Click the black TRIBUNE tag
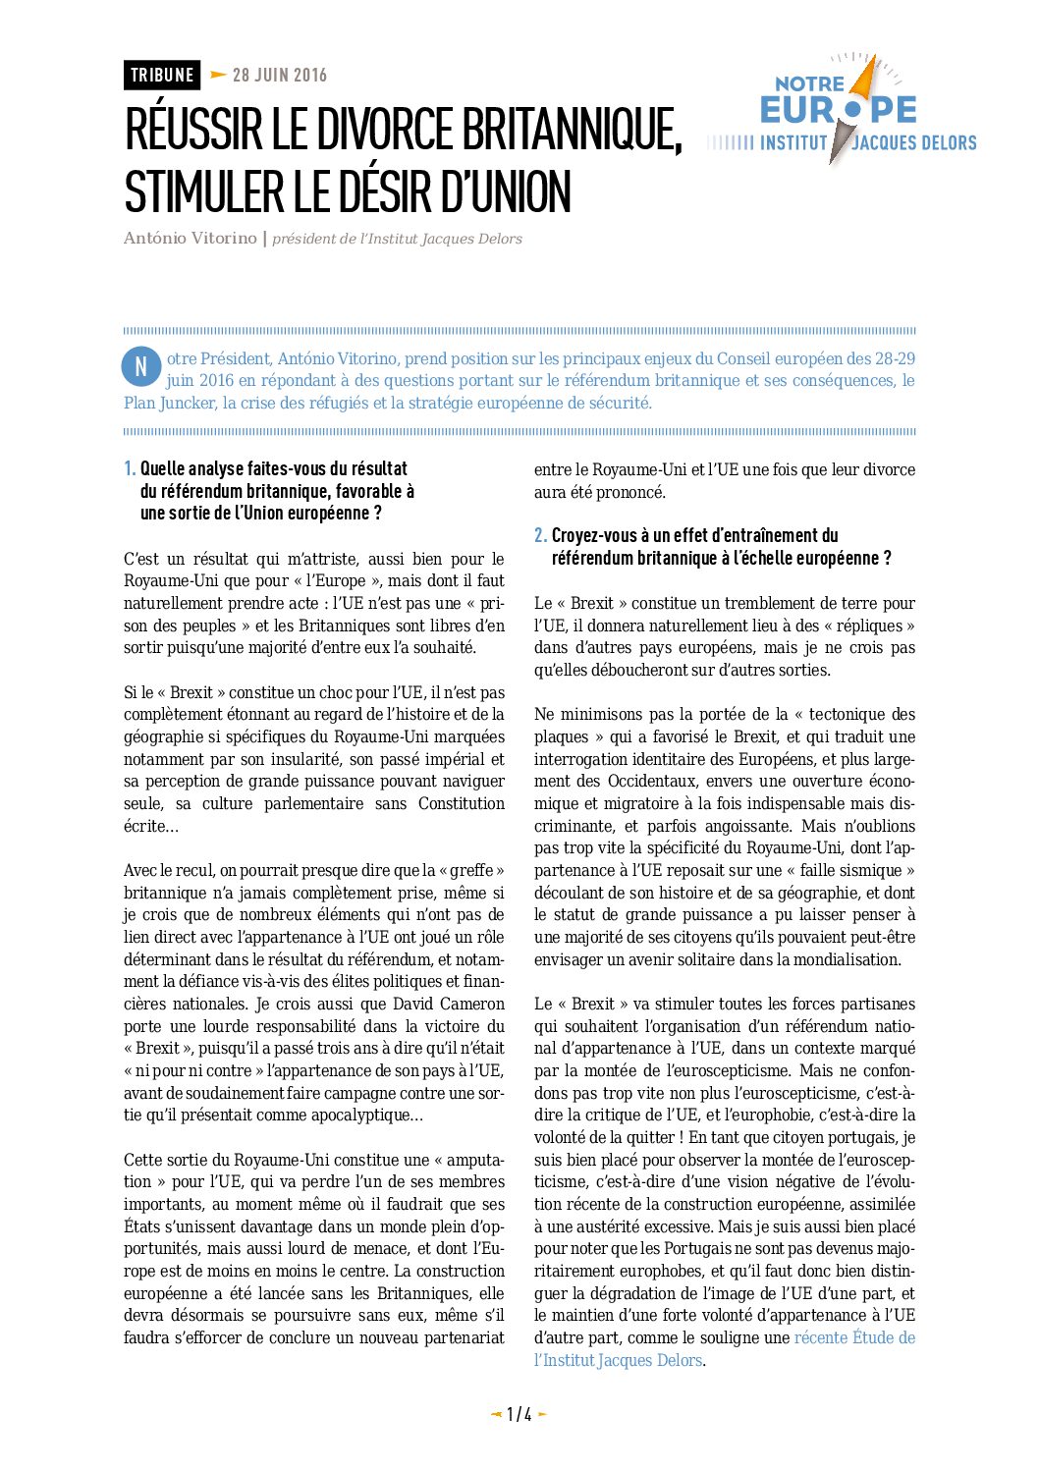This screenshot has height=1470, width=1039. [x=162, y=76]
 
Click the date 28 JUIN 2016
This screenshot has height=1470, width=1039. [x=280, y=76]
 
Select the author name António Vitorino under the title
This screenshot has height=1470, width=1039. [x=190, y=239]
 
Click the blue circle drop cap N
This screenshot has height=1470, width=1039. [x=140, y=366]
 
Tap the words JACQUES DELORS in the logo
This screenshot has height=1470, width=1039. [x=914, y=143]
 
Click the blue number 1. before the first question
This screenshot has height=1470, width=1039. [x=130, y=469]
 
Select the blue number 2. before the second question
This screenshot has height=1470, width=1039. [x=540, y=536]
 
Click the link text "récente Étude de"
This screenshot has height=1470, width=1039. [x=854, y=1337]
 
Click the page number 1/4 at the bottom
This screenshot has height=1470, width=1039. [x=519, y=1415]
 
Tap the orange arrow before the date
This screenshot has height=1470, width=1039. [x=218, y=75]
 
